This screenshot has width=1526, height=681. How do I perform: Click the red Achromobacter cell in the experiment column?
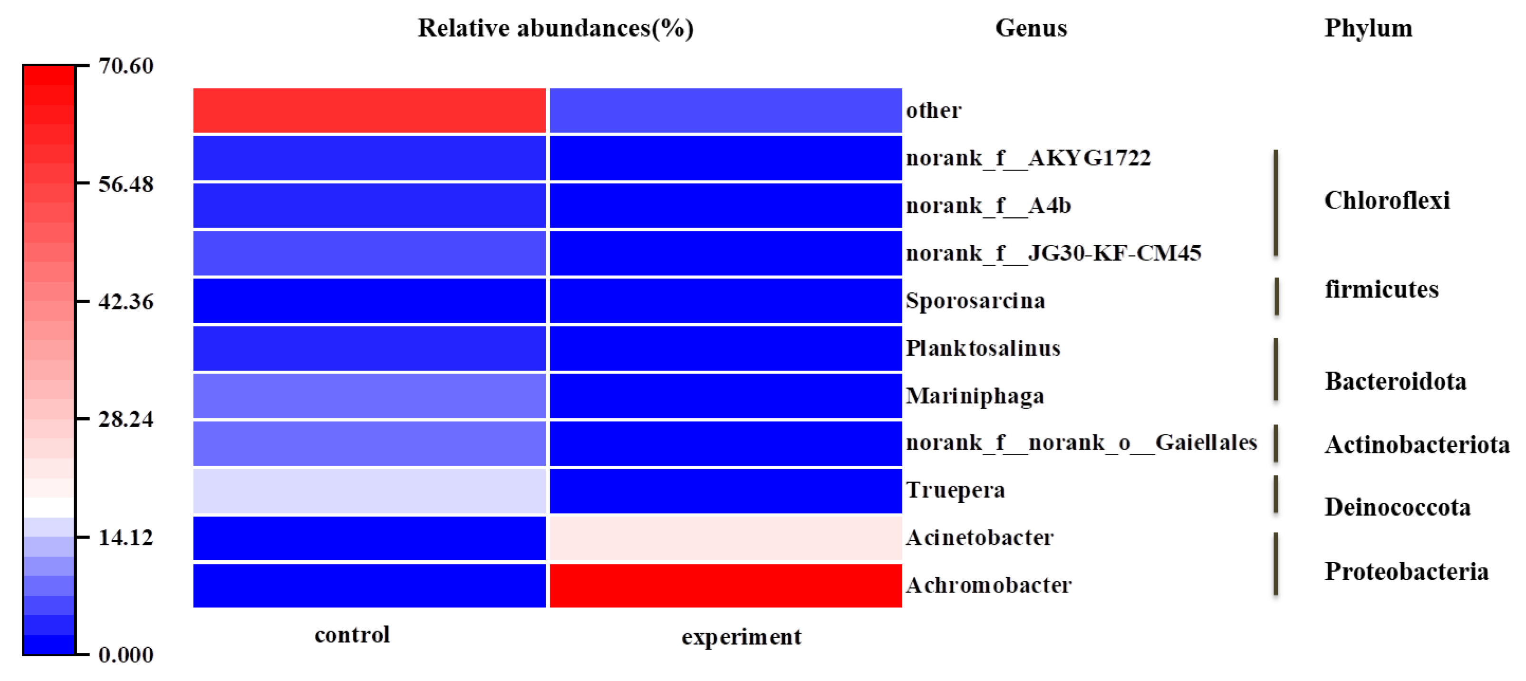(x=725, y=585)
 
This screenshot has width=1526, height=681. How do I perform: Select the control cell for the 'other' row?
(x=369, y=110)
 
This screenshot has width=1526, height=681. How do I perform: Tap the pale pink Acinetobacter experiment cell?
(x=725, y=537)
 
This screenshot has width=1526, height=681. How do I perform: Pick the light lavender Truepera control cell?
(x=369, y=490)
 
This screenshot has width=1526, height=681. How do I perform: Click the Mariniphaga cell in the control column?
(x=369, y=395)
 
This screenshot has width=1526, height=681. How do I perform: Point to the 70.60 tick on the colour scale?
(x=126, y=66)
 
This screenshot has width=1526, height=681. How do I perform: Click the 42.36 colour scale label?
(x=126, y=301)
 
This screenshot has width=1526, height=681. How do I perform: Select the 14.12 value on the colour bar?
(x=126, y=537)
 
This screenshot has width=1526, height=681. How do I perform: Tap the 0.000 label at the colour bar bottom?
(x=126, y=654)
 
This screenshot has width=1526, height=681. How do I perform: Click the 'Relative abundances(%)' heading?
(x=555, y=29)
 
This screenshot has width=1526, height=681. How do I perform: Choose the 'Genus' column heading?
(x=1031, y=29)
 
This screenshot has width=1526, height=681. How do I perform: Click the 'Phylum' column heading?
(x=1369, y=29)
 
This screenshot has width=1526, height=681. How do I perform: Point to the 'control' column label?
(x=352, y=635)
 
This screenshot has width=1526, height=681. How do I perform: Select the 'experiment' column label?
(x=741, y=637)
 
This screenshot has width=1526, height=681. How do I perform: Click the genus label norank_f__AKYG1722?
(x=1028, y=158)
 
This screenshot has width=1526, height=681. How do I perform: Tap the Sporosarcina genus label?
(x=975, y=301)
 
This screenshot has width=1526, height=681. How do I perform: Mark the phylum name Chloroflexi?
(x=1387, y=201)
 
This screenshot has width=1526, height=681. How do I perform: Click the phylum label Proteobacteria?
(x=1406, y=571)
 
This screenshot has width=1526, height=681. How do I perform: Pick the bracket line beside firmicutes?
(x=1276, y=296)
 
